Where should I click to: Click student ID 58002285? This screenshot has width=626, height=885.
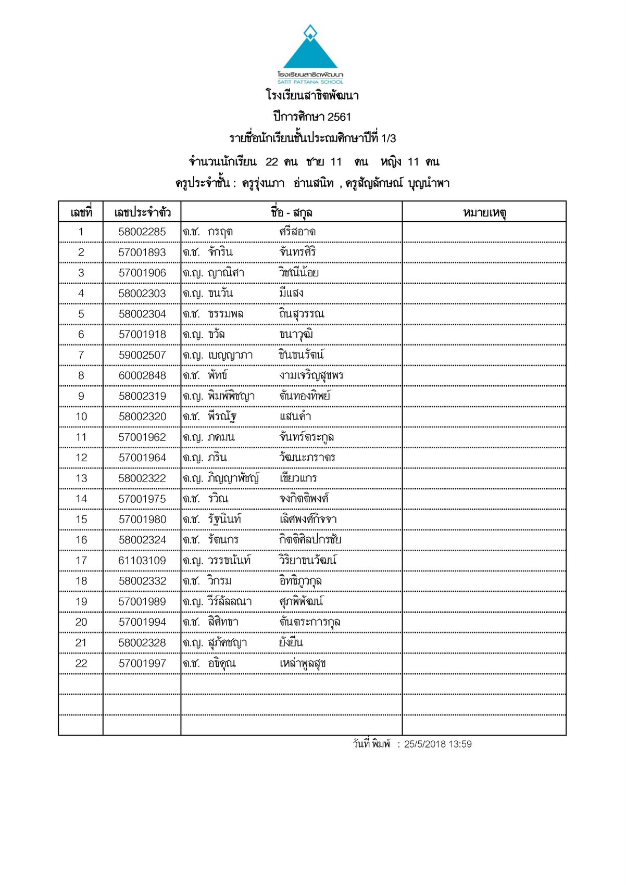tap(142, 232)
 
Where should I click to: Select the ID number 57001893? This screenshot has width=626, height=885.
tap(142, 252)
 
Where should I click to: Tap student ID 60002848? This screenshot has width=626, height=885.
tap(142, 376)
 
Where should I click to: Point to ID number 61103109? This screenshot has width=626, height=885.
tap(142, 561)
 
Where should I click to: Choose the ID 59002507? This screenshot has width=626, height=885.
tap(142, 355)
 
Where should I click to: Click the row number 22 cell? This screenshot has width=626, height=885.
tap(81, 663)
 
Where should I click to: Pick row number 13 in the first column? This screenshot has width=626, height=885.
tap(81, 478)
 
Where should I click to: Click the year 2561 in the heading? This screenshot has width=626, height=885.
tap(339, 117)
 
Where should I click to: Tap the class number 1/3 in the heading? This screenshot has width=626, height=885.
tap(389, 138)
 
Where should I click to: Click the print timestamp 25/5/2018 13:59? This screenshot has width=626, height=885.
tap(437, 744)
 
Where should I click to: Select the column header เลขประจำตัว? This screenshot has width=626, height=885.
tap(142, 212)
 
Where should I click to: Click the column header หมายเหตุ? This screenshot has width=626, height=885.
tap(484, 212)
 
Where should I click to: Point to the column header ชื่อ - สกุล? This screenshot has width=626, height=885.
tap(291, 212)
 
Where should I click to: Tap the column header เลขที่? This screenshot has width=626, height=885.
tap(81, 212)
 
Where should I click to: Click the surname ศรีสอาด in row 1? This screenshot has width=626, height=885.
tap(297, 232)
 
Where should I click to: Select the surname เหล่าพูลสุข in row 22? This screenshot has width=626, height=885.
tap(303, 664)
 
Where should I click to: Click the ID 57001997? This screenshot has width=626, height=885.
tap(142, 663)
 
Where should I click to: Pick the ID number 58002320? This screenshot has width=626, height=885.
tap(142, 417)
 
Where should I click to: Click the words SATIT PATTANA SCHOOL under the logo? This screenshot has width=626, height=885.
tap(310, 82)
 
